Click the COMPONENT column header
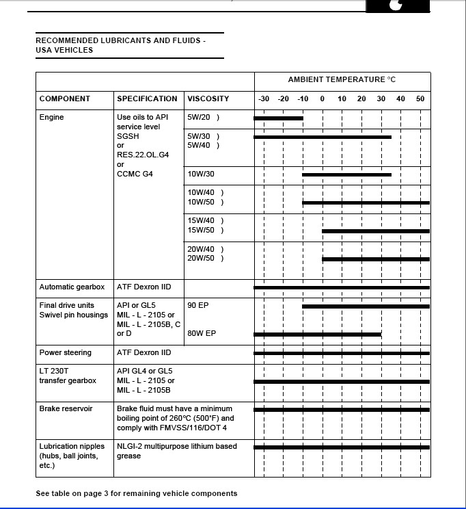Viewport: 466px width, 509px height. (x=66, y=99)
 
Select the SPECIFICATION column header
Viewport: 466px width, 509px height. (x=147, y=99)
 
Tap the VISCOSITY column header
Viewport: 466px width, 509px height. (x=208, y=99)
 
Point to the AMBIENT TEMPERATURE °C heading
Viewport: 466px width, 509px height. (x=342, y=79)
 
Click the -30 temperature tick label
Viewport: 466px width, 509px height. (x=264, y=99)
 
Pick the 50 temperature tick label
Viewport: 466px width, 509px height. (x=420, y=99)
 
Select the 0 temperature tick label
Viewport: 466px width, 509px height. (x=323, y=99)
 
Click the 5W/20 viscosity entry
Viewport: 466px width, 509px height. (x=199, y=117)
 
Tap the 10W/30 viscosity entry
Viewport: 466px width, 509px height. (x=201, y=174)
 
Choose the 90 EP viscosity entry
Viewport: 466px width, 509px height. (x=198, y=305)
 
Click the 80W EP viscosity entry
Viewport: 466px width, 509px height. (x=202, y=333)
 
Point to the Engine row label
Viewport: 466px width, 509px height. (x=52, y=117)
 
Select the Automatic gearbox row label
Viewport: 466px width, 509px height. (x=72, y=287)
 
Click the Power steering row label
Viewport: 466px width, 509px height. (x=66, y=352)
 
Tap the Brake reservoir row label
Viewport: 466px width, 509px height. (x=66, y=408)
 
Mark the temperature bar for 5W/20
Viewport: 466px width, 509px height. (x=278, y=118)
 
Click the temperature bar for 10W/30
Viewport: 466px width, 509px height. (x=346, y=174)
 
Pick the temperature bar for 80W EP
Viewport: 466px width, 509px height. (x=317, y=334)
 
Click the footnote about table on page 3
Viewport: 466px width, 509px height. (x=137, y=493)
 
